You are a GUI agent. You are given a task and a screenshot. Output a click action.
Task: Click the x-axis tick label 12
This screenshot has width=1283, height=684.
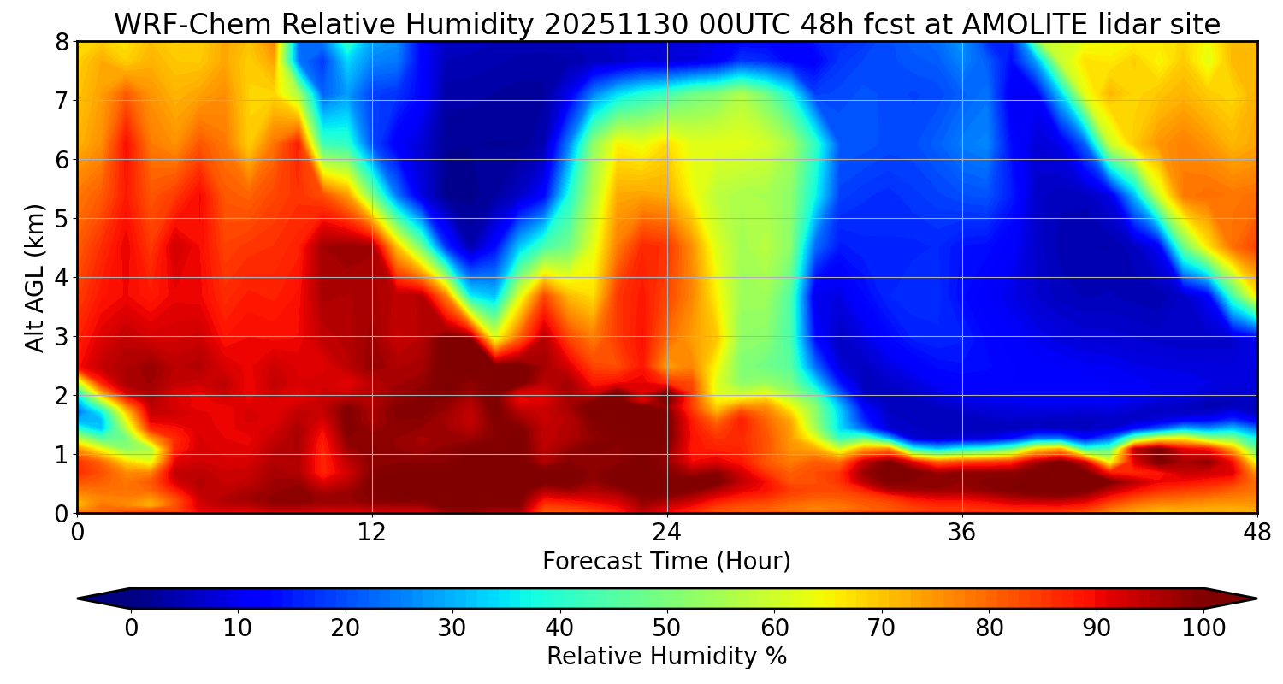tap(372, 533)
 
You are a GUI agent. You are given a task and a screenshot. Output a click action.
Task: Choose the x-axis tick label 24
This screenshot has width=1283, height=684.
tap(667, 533)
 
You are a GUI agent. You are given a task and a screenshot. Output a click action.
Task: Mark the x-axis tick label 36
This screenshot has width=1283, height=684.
tap(962, 533)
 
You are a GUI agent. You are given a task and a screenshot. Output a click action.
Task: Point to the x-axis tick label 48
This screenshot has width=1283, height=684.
tap(1256, 533)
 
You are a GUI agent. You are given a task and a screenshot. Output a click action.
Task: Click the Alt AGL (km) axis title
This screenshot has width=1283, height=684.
tap(35, 278)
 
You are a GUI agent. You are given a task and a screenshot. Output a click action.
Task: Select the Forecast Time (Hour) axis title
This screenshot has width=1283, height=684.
tap(667, 562)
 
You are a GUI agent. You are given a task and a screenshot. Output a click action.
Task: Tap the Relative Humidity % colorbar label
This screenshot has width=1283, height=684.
tap(667, 657)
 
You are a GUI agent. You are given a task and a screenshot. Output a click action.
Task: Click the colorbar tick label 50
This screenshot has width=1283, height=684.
tap(667, 628)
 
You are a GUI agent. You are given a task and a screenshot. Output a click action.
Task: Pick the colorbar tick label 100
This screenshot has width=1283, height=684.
tap(1203, 628)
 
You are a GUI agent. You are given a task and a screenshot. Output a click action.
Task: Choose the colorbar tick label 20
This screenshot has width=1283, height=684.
tap(346, 628)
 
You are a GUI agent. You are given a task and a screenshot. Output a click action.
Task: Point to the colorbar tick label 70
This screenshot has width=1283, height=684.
tap(882, 628)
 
